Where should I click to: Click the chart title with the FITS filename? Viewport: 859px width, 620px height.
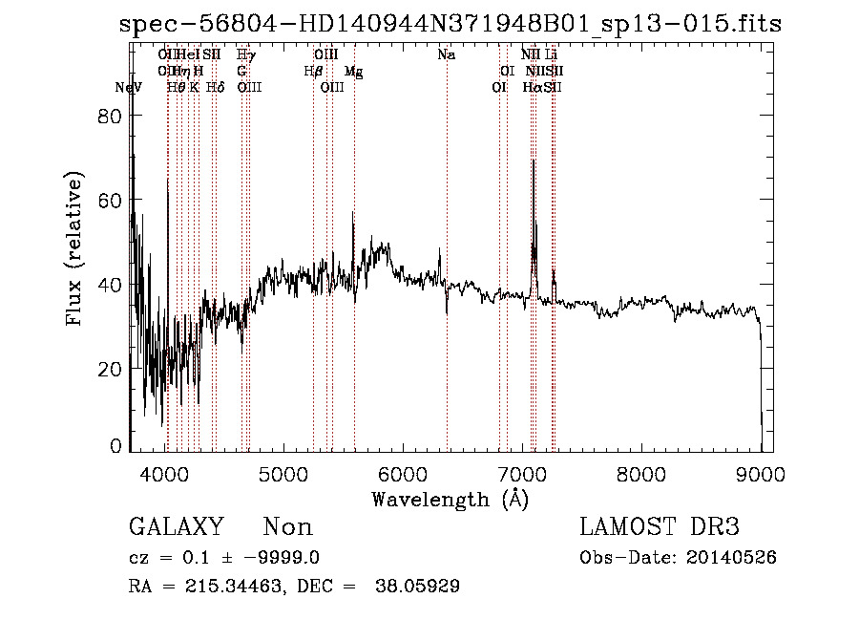(450, 24)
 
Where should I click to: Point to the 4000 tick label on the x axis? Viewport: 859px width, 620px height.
(166, 472)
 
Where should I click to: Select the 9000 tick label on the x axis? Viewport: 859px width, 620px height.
(761, 472)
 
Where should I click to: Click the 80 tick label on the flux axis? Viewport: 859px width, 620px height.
(112, 116)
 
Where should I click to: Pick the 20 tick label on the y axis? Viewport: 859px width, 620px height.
(112, 369)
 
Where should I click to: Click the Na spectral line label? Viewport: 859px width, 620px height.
(446, 54)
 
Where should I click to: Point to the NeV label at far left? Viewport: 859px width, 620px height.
(128, 87)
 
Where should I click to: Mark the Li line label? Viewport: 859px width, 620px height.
(552, 54)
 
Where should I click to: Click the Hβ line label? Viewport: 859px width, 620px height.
(312, 71)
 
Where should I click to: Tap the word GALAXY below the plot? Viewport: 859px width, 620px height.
(177, 526)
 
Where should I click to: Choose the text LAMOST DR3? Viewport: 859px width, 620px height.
(660, 526)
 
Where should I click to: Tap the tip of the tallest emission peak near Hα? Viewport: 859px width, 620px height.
(533, 160)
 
